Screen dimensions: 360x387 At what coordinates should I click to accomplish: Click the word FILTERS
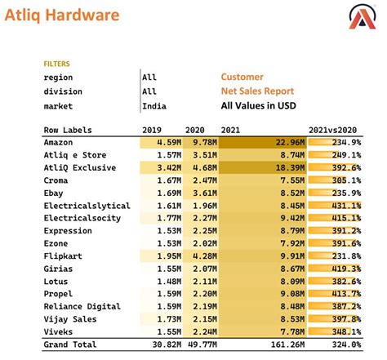[56, 63]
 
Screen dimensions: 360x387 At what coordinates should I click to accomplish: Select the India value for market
[152, 106]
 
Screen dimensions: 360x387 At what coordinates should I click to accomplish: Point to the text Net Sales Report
[257, 91]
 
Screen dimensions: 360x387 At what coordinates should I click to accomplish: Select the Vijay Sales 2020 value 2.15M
[204, 319]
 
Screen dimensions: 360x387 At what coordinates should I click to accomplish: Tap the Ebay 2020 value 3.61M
[204, 193]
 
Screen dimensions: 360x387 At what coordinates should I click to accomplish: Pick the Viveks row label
[59, 332]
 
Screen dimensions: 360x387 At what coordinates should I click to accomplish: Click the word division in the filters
[63, 91]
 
